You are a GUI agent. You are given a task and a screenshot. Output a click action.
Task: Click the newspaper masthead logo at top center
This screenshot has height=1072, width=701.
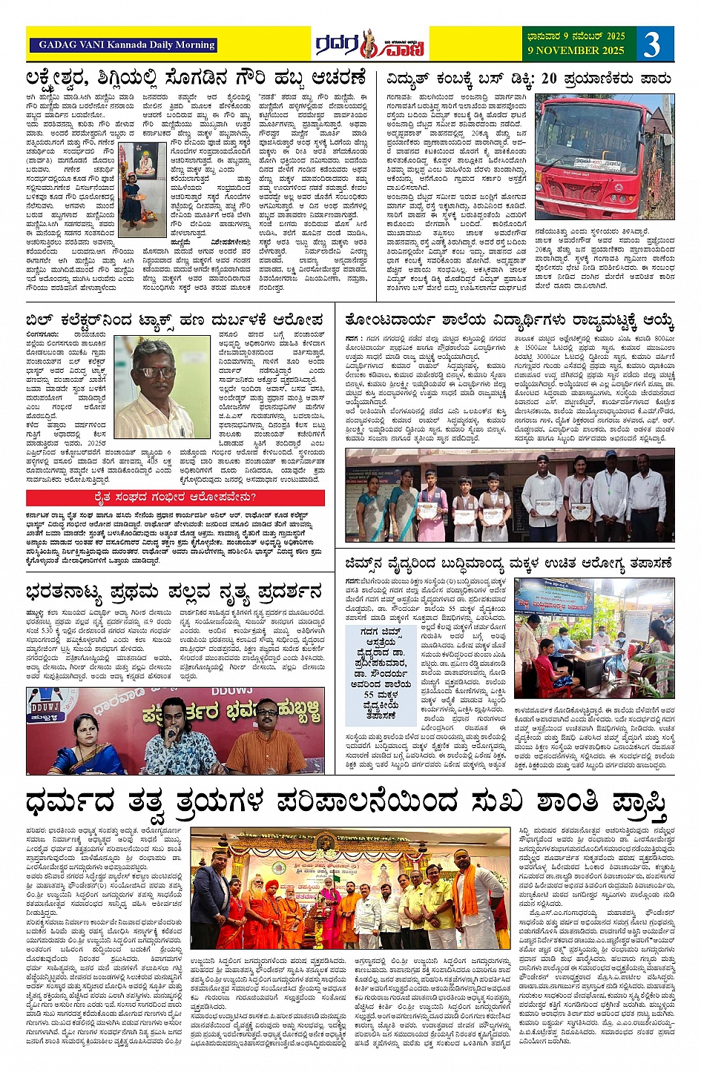pos(369,45)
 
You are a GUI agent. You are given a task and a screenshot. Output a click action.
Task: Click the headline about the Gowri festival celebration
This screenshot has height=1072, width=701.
pos(196,78)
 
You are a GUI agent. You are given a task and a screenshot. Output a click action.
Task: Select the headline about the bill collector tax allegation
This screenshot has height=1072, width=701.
pos(174,320)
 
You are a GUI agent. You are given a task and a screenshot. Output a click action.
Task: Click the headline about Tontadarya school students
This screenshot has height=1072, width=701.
pos(509,320)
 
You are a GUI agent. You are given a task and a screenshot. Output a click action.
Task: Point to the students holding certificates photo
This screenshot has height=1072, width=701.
pos(509,494)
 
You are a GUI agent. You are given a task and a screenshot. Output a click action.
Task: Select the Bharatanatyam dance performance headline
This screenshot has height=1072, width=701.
pos(174,592)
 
